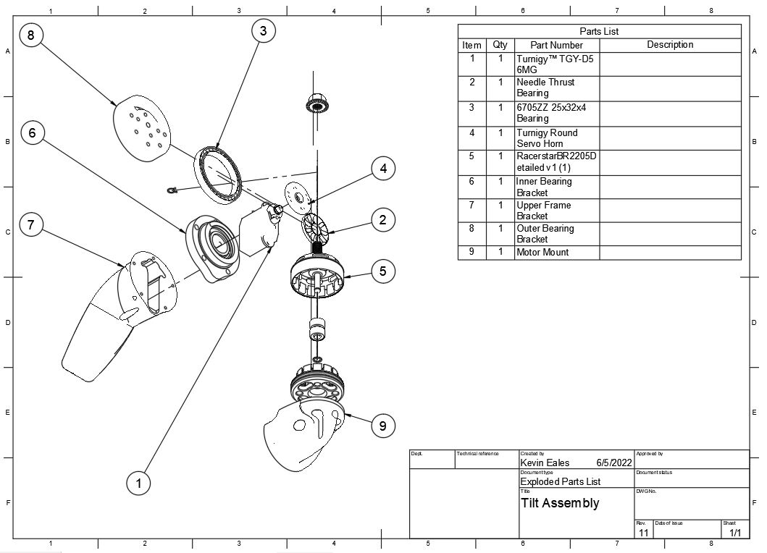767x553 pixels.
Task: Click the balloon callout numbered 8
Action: coord(31,35)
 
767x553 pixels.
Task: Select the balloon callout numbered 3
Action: coord(264,31)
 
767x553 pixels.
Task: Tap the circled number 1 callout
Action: coord(138,484)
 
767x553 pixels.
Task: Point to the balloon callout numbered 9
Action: coord(382,426)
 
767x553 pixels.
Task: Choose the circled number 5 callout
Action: coord(382,271)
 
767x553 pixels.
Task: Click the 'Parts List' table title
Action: coord(599,31)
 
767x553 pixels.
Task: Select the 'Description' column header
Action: coord(670,44)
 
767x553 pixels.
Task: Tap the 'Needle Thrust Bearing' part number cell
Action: coord(545,88)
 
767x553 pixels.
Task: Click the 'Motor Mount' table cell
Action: coord(542,253)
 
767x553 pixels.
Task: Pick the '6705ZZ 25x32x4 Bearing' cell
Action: coord(551,113)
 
